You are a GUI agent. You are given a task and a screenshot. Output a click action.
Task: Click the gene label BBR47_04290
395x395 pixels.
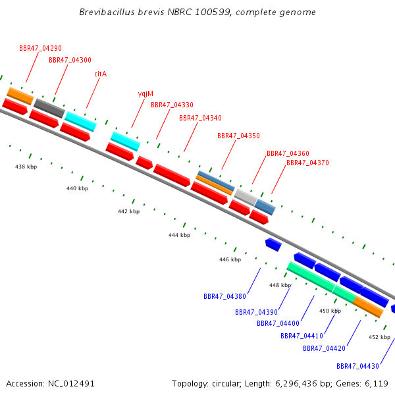click(x=40, y=48)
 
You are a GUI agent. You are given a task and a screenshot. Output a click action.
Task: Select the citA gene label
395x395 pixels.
click(x=101, y=74)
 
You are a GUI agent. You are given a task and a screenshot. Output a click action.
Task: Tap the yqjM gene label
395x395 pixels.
click(x=145, y=94)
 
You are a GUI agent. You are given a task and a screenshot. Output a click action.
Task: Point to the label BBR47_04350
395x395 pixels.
click(x=238, y=136)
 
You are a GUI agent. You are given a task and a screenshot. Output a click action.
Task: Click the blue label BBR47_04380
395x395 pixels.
click(x=224, y=296)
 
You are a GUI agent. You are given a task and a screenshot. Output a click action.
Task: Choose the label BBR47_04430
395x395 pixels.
click(x=357, y=366)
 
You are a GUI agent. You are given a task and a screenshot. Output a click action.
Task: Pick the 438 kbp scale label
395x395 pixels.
click(x=26, y=167)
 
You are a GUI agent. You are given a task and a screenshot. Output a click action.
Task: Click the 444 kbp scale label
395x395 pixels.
click(x=179, y=235)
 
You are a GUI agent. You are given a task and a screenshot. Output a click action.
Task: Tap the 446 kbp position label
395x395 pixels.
click(x=230, y=259)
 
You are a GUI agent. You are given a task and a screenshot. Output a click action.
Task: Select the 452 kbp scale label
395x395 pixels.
click(x=379, y=337)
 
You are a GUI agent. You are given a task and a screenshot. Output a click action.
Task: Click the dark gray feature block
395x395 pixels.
click(x=49, y=108)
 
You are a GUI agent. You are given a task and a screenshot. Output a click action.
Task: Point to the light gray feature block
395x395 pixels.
click(x=246, y=197)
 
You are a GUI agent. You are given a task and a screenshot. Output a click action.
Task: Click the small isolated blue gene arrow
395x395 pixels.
click(x=273, y=244)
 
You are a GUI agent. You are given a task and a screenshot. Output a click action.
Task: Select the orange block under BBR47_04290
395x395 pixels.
click(x=20, y=96)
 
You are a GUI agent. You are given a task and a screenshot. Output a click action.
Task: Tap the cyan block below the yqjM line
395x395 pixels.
click(x=126, y=141)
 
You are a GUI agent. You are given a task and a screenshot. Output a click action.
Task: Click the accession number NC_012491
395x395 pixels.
click(x=71, y=384)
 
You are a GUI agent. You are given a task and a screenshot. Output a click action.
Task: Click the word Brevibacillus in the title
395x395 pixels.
click(x=107, y=12)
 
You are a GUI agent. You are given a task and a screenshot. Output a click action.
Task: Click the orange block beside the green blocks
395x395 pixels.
click(x=368, y=307)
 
